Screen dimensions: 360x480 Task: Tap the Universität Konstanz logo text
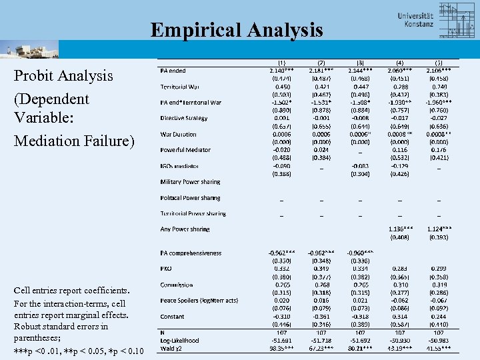point(415,19)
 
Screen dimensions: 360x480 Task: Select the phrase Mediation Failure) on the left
point(74,141)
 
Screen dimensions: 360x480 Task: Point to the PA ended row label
point(173,71)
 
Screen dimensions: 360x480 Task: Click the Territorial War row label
point(179,87)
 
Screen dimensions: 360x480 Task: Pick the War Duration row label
point(178,134)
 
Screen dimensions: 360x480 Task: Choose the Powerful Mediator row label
point(185,150)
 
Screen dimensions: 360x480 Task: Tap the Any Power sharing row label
point(185,229)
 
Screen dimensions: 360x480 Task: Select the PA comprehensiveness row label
point(191,253)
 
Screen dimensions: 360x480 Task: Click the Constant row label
point(172,317)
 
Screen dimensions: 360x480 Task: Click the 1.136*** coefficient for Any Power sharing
point(400,229)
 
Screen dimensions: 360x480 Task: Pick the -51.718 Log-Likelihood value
point(321,341)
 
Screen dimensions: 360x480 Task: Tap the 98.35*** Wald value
point(282,348)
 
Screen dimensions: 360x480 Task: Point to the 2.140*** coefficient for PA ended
point(282,71)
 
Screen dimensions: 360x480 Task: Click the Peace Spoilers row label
point(199,301)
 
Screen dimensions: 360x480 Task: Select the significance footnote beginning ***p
point(78,351)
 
